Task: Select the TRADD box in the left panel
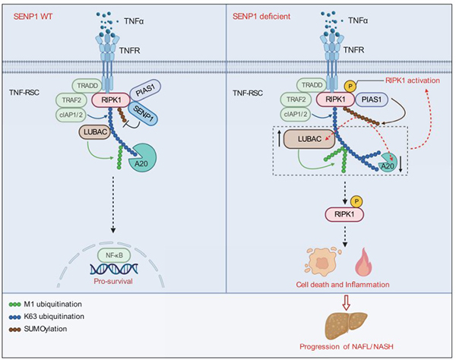point(88,86)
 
